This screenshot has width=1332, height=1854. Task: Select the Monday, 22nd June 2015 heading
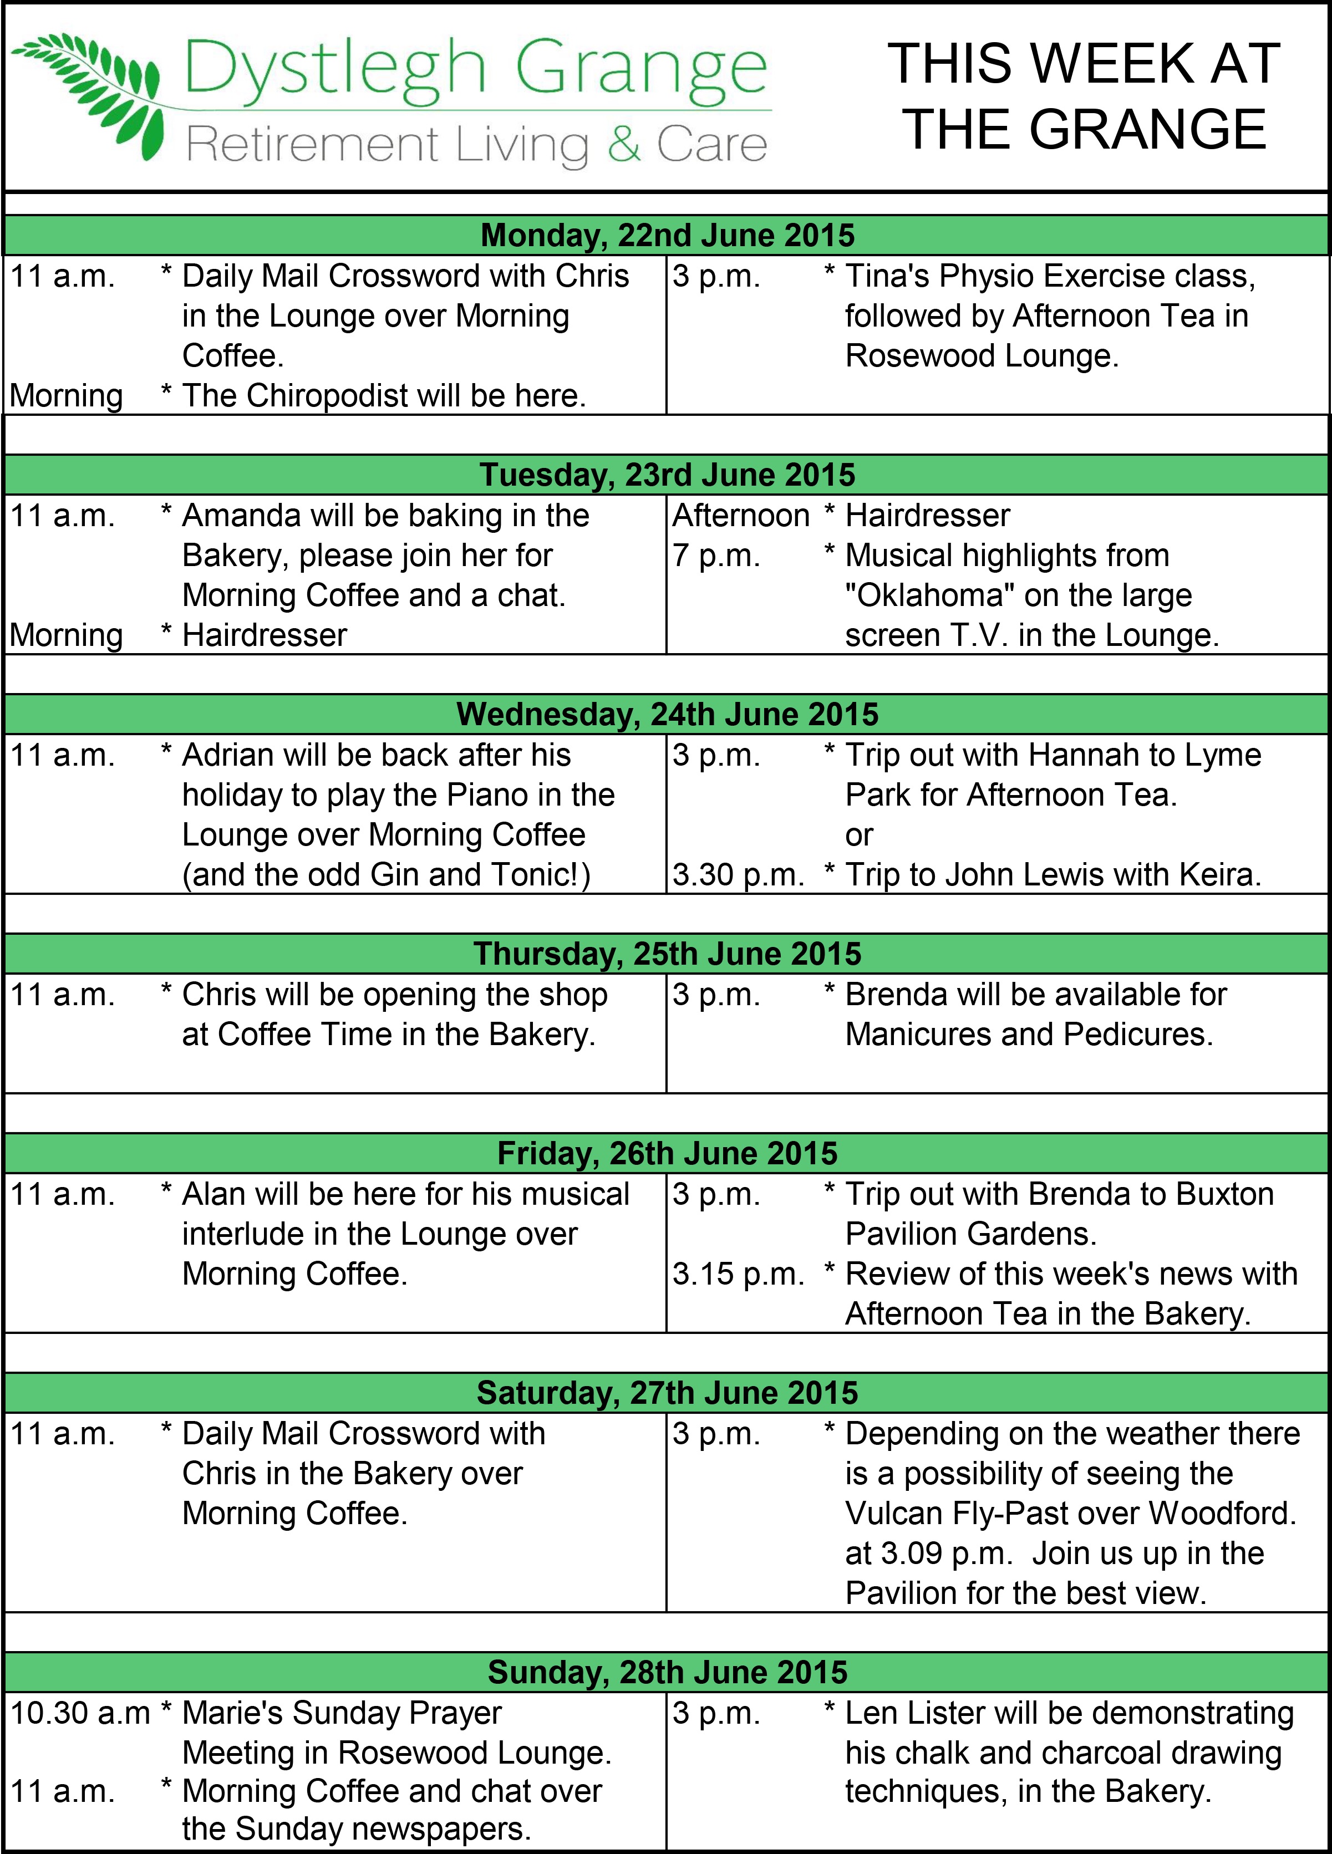(667, 236)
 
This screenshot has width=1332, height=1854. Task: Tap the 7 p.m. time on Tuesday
(716, 556)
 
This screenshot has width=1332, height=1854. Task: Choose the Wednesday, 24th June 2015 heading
(667, 715)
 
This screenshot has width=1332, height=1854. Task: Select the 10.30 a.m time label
(80, 1713)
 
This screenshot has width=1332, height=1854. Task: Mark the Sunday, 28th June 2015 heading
(667, 1673)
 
